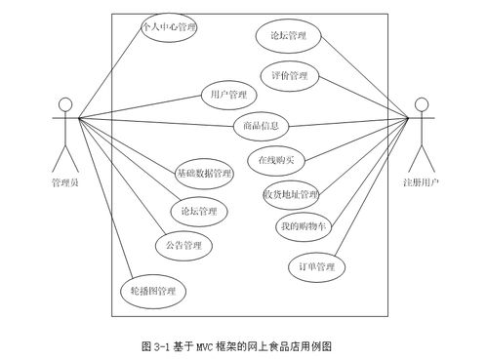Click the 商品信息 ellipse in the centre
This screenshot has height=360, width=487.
tap(262, 125)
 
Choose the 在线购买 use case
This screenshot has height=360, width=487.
tap(276, 158)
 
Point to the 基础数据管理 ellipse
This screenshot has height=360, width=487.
tap(204, 173)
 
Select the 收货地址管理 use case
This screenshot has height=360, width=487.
tap(291, 194)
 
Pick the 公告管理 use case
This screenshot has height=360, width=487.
tap(183, 244)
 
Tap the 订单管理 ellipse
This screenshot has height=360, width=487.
tap(317, 266)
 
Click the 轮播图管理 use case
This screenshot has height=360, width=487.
tap(153, 291)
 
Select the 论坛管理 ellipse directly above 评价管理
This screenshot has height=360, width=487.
tap(288, 37)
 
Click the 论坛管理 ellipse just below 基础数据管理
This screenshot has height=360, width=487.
tap(198, 211)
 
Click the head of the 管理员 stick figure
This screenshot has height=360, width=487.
tap(65, 103)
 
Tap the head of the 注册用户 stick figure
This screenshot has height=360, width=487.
tap(422, 103)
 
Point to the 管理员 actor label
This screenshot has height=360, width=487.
tap(65, 182)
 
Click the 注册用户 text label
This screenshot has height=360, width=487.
tap(422, 182)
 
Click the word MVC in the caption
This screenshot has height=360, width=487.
tap(202, 345)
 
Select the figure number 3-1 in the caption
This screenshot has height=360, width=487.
tap(161, 345)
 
